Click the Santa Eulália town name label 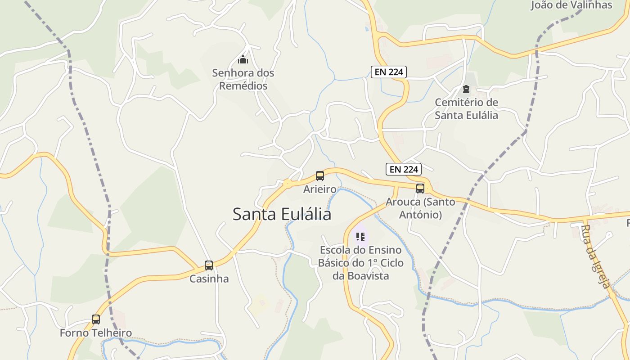click(x=282, y=214)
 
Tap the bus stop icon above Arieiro click(x=320, y=176)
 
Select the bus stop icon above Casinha click(x=209, y=265)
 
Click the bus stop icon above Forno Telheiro click(x=96, y=319)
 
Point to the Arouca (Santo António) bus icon click(x=420, y=189)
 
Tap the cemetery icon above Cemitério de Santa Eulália click(x=466, y=89)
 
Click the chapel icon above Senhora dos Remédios click(x=243, y=59)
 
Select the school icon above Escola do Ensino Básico click(x=360, y=236)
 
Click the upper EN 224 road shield click(x=389, y=72)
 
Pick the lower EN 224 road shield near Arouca click(x=404, y=169)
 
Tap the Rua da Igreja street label click(x=595, y=256)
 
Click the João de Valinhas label click(x=571, y=5)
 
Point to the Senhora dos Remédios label click(x=243, y=79)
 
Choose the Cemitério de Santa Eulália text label click(x=466, y=109)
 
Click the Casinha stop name click(x=209, y=279)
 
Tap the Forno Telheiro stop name click(x=96, y=333)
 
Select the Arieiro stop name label click(x=320, y=189)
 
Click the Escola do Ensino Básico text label click(x=360, y=263)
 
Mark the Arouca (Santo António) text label click(x=420, y=208)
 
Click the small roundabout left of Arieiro click(x=287, y=183)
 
